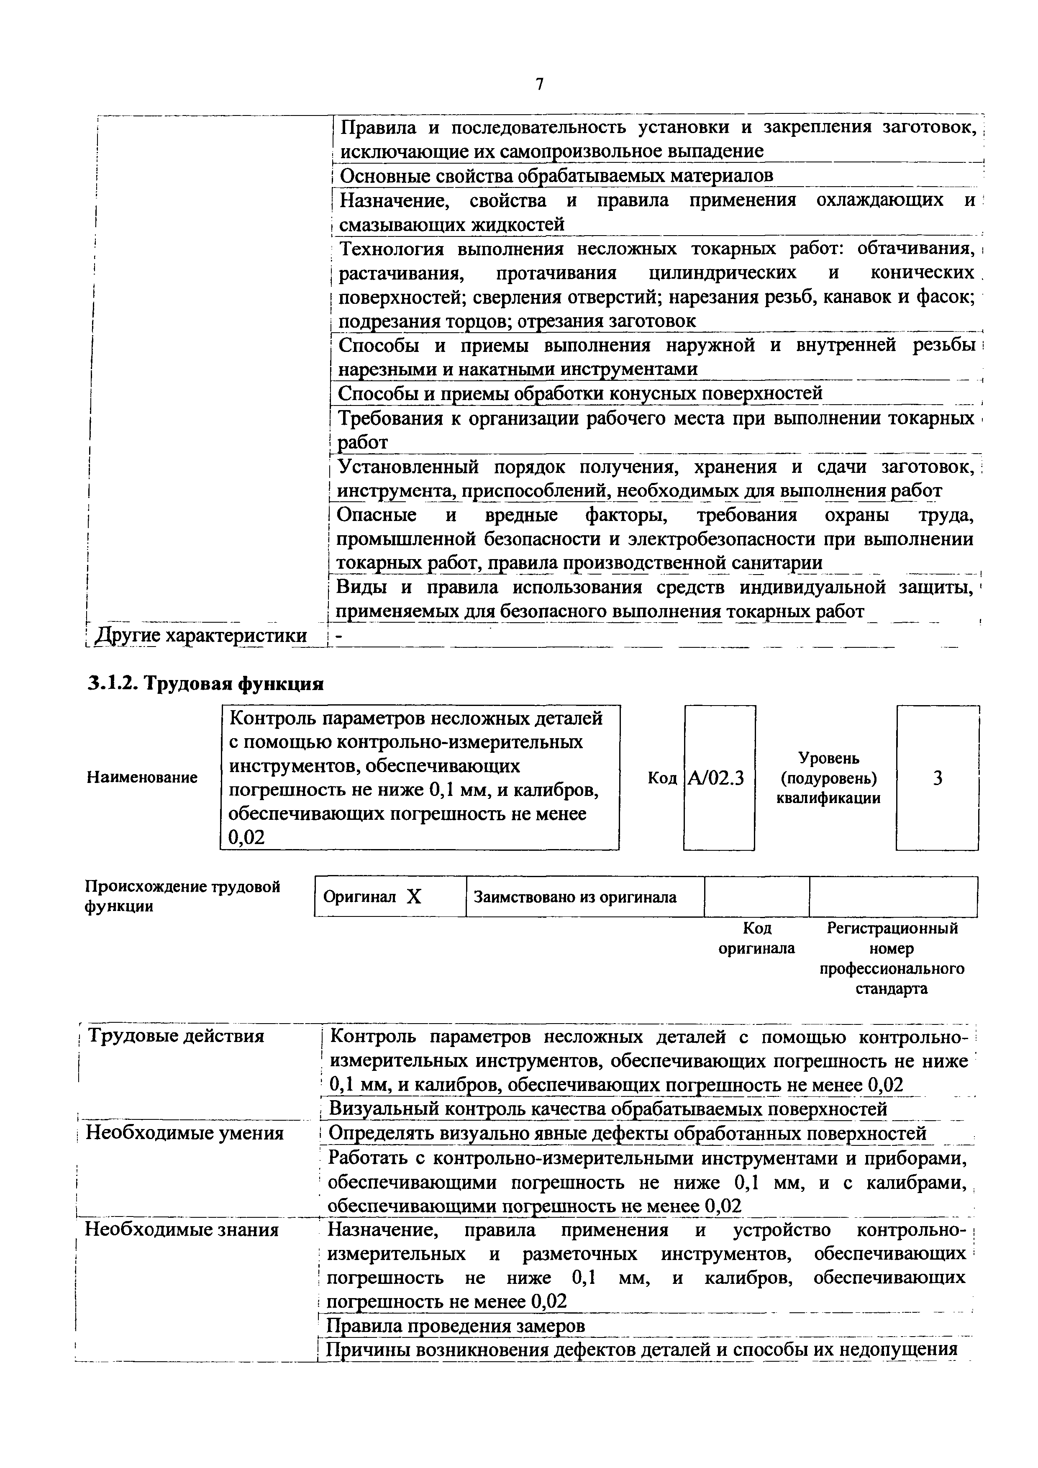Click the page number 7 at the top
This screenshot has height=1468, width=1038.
[x=539, y=84]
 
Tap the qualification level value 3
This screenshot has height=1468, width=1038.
[x=937, y=778]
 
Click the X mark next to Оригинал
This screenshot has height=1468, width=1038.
[x=414, y=897]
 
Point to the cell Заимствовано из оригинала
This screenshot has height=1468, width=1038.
[x=574, y=897]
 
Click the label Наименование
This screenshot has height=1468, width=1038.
[x=142, y=778]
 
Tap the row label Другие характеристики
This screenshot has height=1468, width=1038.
[x=200, y=636]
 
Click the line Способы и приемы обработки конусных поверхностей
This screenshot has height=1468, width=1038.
[x=580, y=393]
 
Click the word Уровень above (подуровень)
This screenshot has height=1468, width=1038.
[x=828, y=758]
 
